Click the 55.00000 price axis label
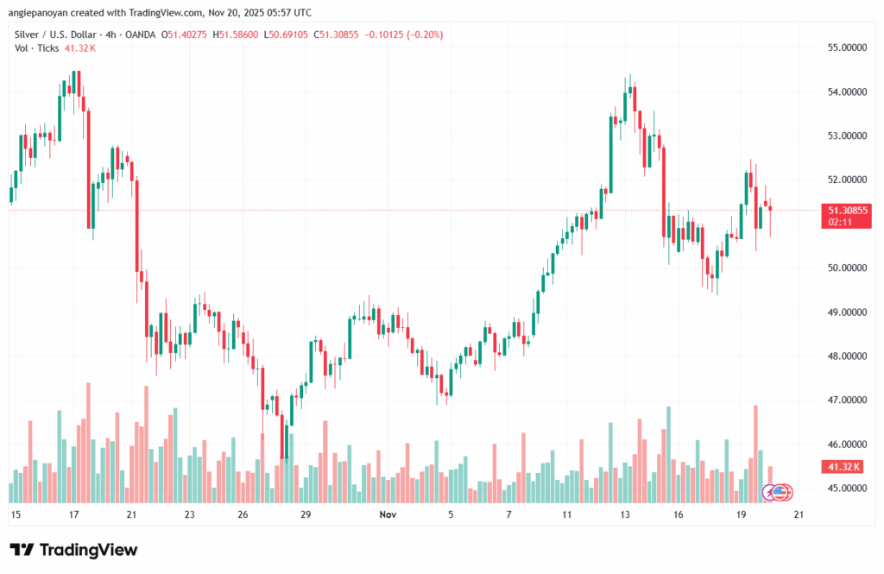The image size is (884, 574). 848,47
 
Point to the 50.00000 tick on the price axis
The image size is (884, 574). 848,268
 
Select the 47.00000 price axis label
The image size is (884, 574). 848,401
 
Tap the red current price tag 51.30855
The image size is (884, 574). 848,210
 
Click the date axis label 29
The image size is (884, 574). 306,514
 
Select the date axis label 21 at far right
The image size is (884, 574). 799,514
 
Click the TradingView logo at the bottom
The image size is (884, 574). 73,550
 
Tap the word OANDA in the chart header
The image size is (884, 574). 146,34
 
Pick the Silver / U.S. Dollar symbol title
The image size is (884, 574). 54,34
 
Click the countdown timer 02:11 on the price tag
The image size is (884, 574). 840,222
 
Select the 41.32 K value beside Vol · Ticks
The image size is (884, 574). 80,48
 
